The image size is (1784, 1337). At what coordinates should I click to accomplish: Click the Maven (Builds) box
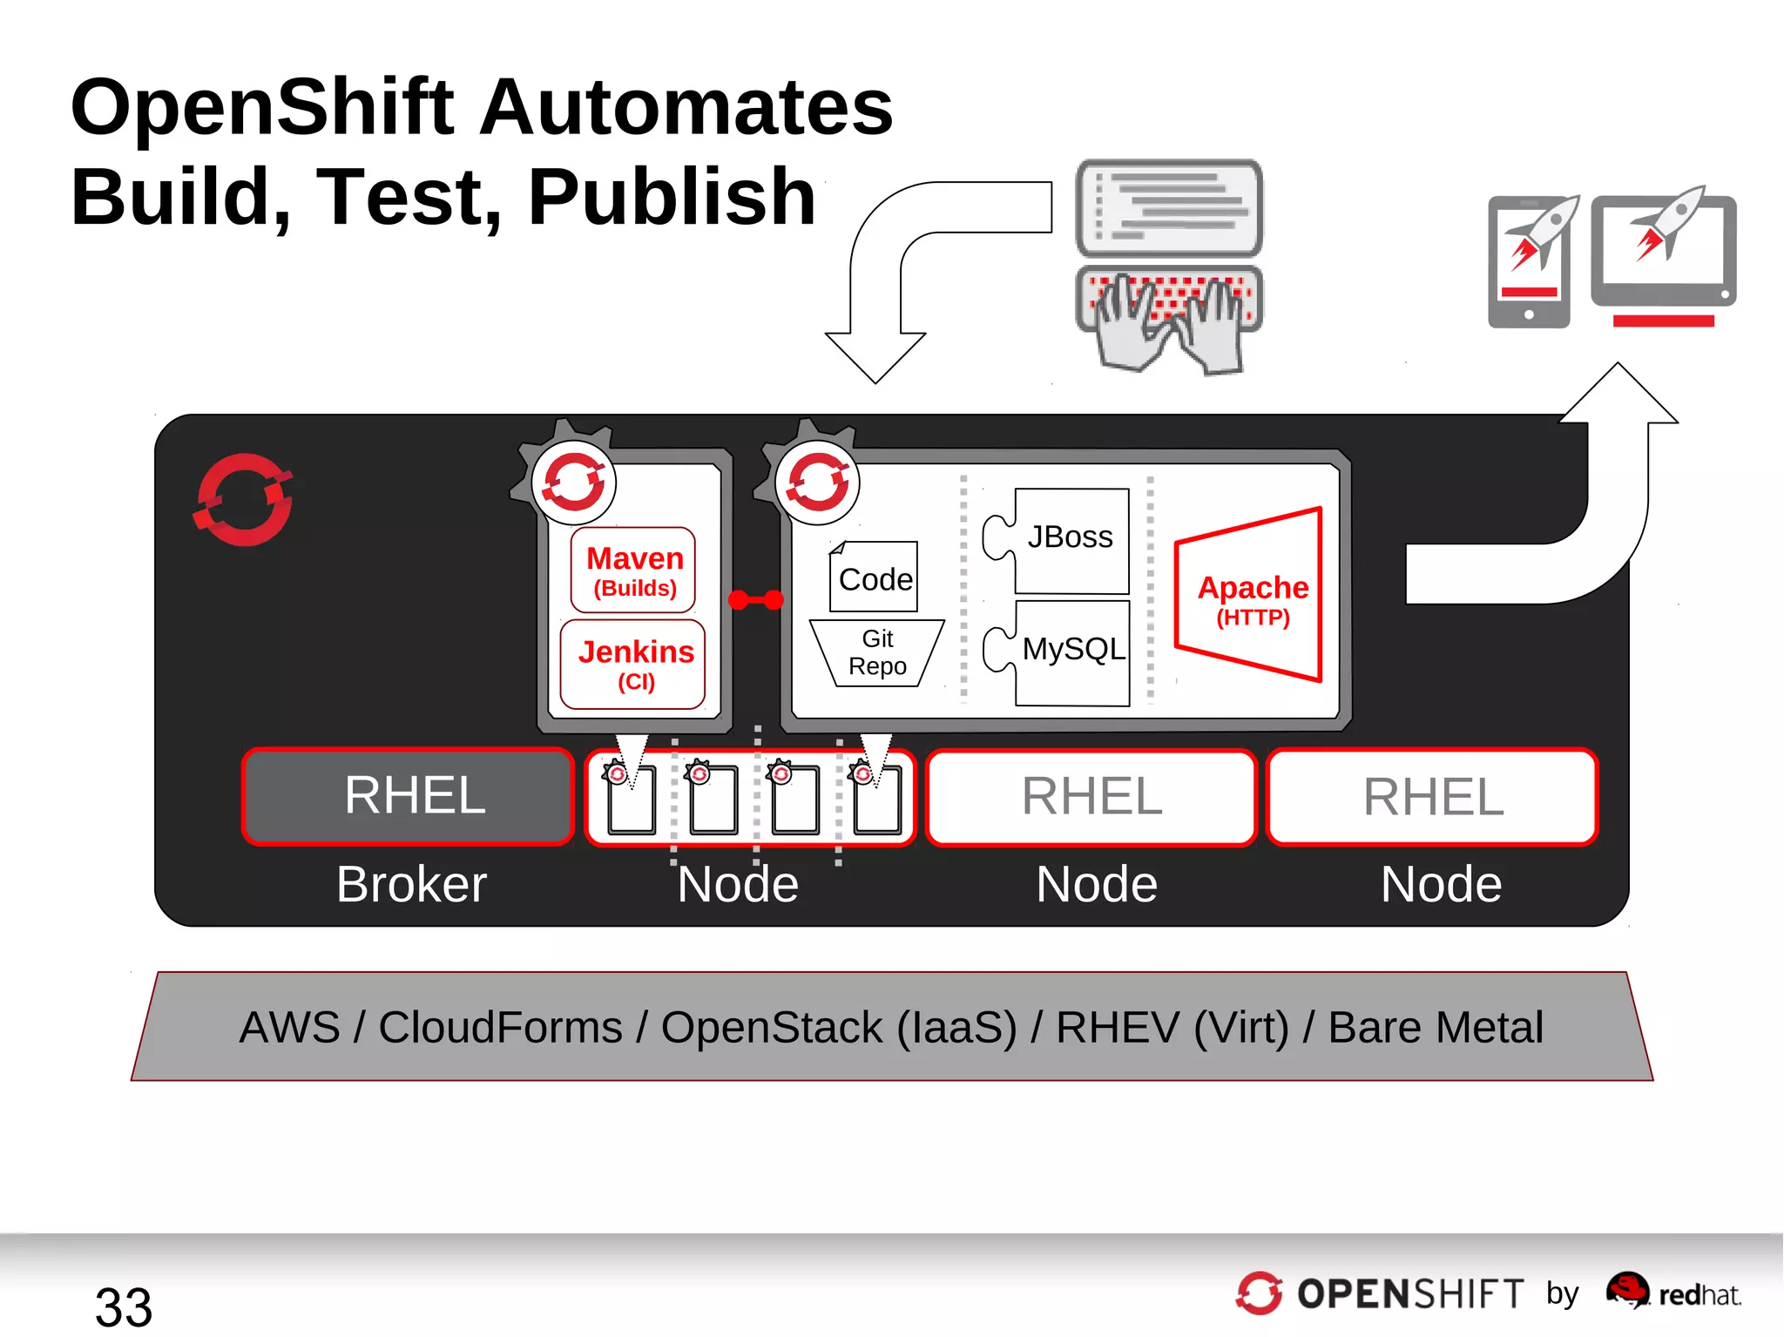pyautogui.click(x=633, y=570)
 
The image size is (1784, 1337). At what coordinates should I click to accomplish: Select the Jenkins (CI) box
pyautogui.click(x=633, y=664)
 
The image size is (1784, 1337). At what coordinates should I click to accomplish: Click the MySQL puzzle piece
pyautogui.click(x=1071, y=650)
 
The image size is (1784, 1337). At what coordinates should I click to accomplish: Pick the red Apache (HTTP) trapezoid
pyautogui.click(x=1251, y=596)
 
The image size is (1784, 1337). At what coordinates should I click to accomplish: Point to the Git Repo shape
pyautogui.click(x=876, y=652)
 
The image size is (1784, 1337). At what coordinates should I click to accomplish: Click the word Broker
pyautogui.click(x=411, y=884)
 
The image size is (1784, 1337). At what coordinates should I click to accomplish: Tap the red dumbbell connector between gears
pyautogui.click(x=756, y=599)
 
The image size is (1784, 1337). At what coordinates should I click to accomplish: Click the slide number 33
pyautogui.click(x=124, y=1307)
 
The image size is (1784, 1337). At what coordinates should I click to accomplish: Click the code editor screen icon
pyautogui.click(x=1169, y=207)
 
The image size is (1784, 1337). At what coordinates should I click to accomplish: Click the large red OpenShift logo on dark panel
pyautogui.click(x=243, y=499)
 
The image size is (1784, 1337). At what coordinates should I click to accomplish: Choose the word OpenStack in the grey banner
pyautogui.click(x=771, y=1027)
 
